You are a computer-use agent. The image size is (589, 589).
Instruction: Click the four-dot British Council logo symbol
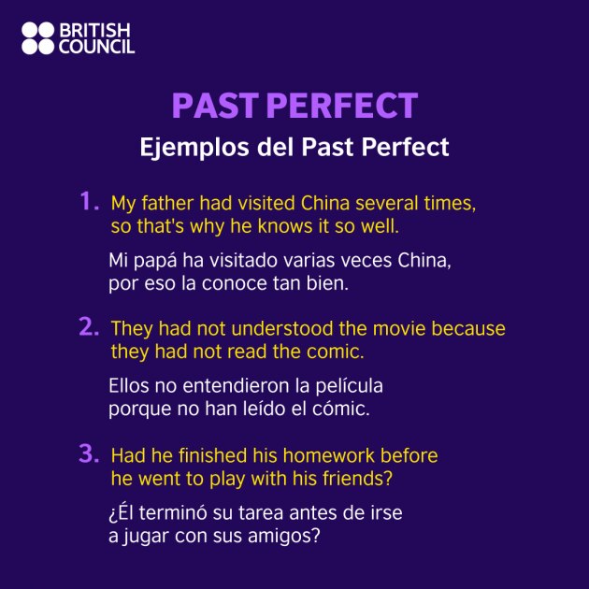pyautogui.click(x=38, y=38)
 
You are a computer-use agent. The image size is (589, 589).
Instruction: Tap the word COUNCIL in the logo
pyautogui.click(x=97, y=47)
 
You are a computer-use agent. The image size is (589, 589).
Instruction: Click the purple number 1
pyautogui.click(x=89, y=201)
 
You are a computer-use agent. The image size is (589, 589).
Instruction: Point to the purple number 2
pyautogui.click(x=89, y=326)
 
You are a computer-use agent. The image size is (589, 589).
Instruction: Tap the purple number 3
pyautogui.click(x=89, y=453)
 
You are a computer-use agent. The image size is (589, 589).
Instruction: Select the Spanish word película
pyautogui.click(x=347, y=385)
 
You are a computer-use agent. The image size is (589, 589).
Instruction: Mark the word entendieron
pyautogui.click(x=223, y=385)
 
